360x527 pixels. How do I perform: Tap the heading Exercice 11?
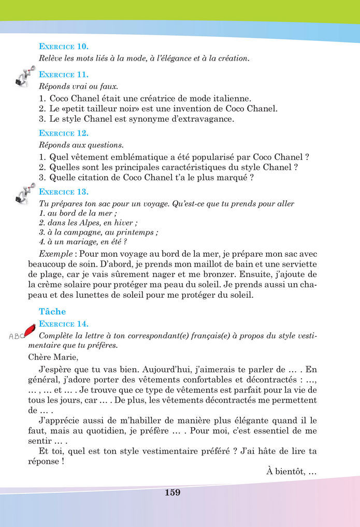[x=64, y=75]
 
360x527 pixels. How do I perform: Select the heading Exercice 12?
[x=64, y=133]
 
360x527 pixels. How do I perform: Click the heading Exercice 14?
[x=64, y=324]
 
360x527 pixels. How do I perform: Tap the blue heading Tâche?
[x=52, y=312]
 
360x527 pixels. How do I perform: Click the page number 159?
[x=172, y=492]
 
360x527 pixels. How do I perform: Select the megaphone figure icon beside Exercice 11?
[x=25, y=76]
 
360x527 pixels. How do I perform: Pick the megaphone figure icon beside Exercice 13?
[x=25, y=193]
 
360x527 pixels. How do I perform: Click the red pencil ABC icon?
[x=22, y=332]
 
